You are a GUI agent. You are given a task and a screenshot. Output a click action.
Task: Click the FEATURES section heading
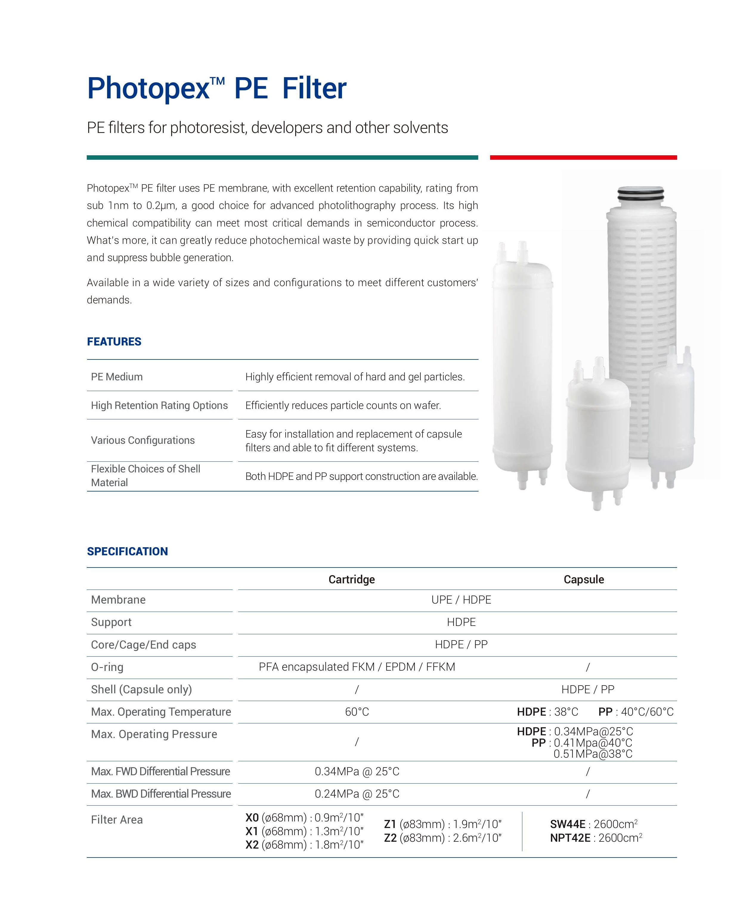[x=114, y=342]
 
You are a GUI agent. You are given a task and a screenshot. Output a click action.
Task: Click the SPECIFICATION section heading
[x=127, y=551]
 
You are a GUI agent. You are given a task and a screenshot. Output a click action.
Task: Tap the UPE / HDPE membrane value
[x=461, y=600]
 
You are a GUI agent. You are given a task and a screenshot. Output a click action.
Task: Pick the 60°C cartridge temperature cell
[x=357, y=712]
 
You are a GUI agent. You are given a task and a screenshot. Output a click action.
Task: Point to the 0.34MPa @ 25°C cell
[x=357, y=771]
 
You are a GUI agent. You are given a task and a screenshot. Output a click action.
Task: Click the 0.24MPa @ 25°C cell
[x=357, y=794]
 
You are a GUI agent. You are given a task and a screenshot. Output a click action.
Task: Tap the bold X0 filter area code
[x=252, y=818]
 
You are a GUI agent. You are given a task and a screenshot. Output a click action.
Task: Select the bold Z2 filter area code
[x=390, y=838]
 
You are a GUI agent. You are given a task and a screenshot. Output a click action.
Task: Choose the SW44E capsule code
[x=567, y=824]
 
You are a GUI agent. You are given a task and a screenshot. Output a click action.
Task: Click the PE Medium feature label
[x=117, y=377]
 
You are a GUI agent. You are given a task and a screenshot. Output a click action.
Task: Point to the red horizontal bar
[x=583, y=158]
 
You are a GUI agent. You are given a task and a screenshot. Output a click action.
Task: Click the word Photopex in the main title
[x=148, y=89]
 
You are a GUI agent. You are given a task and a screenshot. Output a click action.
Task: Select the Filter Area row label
[x=117, y=820]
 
